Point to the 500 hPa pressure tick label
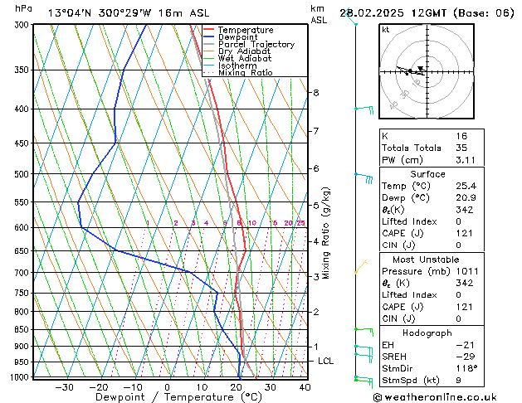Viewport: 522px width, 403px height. coord(22,174)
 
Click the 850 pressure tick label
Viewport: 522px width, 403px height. coord(22,330)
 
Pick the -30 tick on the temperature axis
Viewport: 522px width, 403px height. coord(64,387)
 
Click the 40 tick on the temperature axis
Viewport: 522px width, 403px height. coord(305,387)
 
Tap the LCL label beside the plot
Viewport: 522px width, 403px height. coord(326,362)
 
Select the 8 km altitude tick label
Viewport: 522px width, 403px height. coord(316,93)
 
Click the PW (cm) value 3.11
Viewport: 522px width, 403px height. coord(484,160)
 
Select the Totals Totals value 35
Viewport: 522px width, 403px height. coord(485,148)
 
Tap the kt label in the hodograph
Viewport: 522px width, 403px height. coord(386,30)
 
